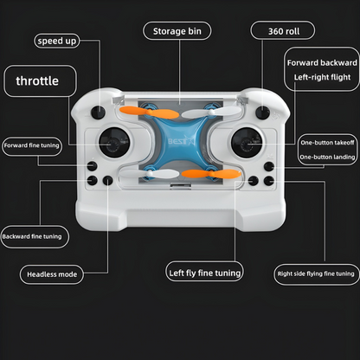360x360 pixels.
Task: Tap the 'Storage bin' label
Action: (x=179, y=31)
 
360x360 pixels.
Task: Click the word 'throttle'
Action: (x=37, y=81)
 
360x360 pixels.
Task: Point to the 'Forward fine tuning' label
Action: (x=31, y=145)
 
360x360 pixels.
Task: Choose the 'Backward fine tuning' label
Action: (x=32, y=235)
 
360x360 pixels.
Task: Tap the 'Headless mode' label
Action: (x=52, y=274)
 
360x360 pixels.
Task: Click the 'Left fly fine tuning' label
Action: (x=204, y=273)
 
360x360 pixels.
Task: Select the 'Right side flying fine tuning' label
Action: (x=316, y=274)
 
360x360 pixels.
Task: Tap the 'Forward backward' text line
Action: (x=322, y=63)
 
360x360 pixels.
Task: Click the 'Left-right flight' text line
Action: (x=322, y=79)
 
